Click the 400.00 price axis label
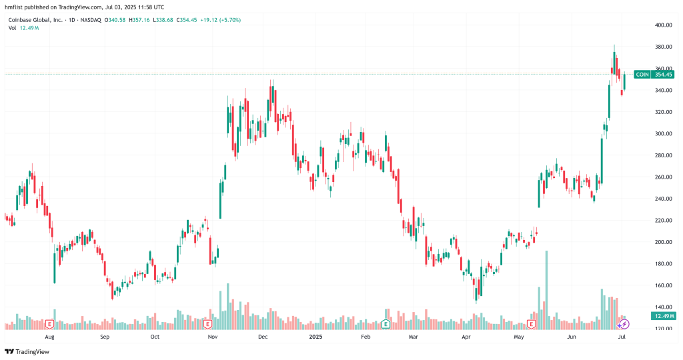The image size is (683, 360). (662, 25)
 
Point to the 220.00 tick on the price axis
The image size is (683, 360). (662, 221)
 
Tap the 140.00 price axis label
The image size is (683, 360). (662, 307)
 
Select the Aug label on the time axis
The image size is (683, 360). (49, 338)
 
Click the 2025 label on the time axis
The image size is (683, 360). (316, 338)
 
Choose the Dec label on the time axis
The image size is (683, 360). (263, 338)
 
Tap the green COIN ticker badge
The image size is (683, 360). (642, 75)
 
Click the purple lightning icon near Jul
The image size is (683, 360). (624, 324)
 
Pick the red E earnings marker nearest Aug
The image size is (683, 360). (49, 324)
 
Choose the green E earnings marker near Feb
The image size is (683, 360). (386, 324)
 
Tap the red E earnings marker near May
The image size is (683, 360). (532, 324)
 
